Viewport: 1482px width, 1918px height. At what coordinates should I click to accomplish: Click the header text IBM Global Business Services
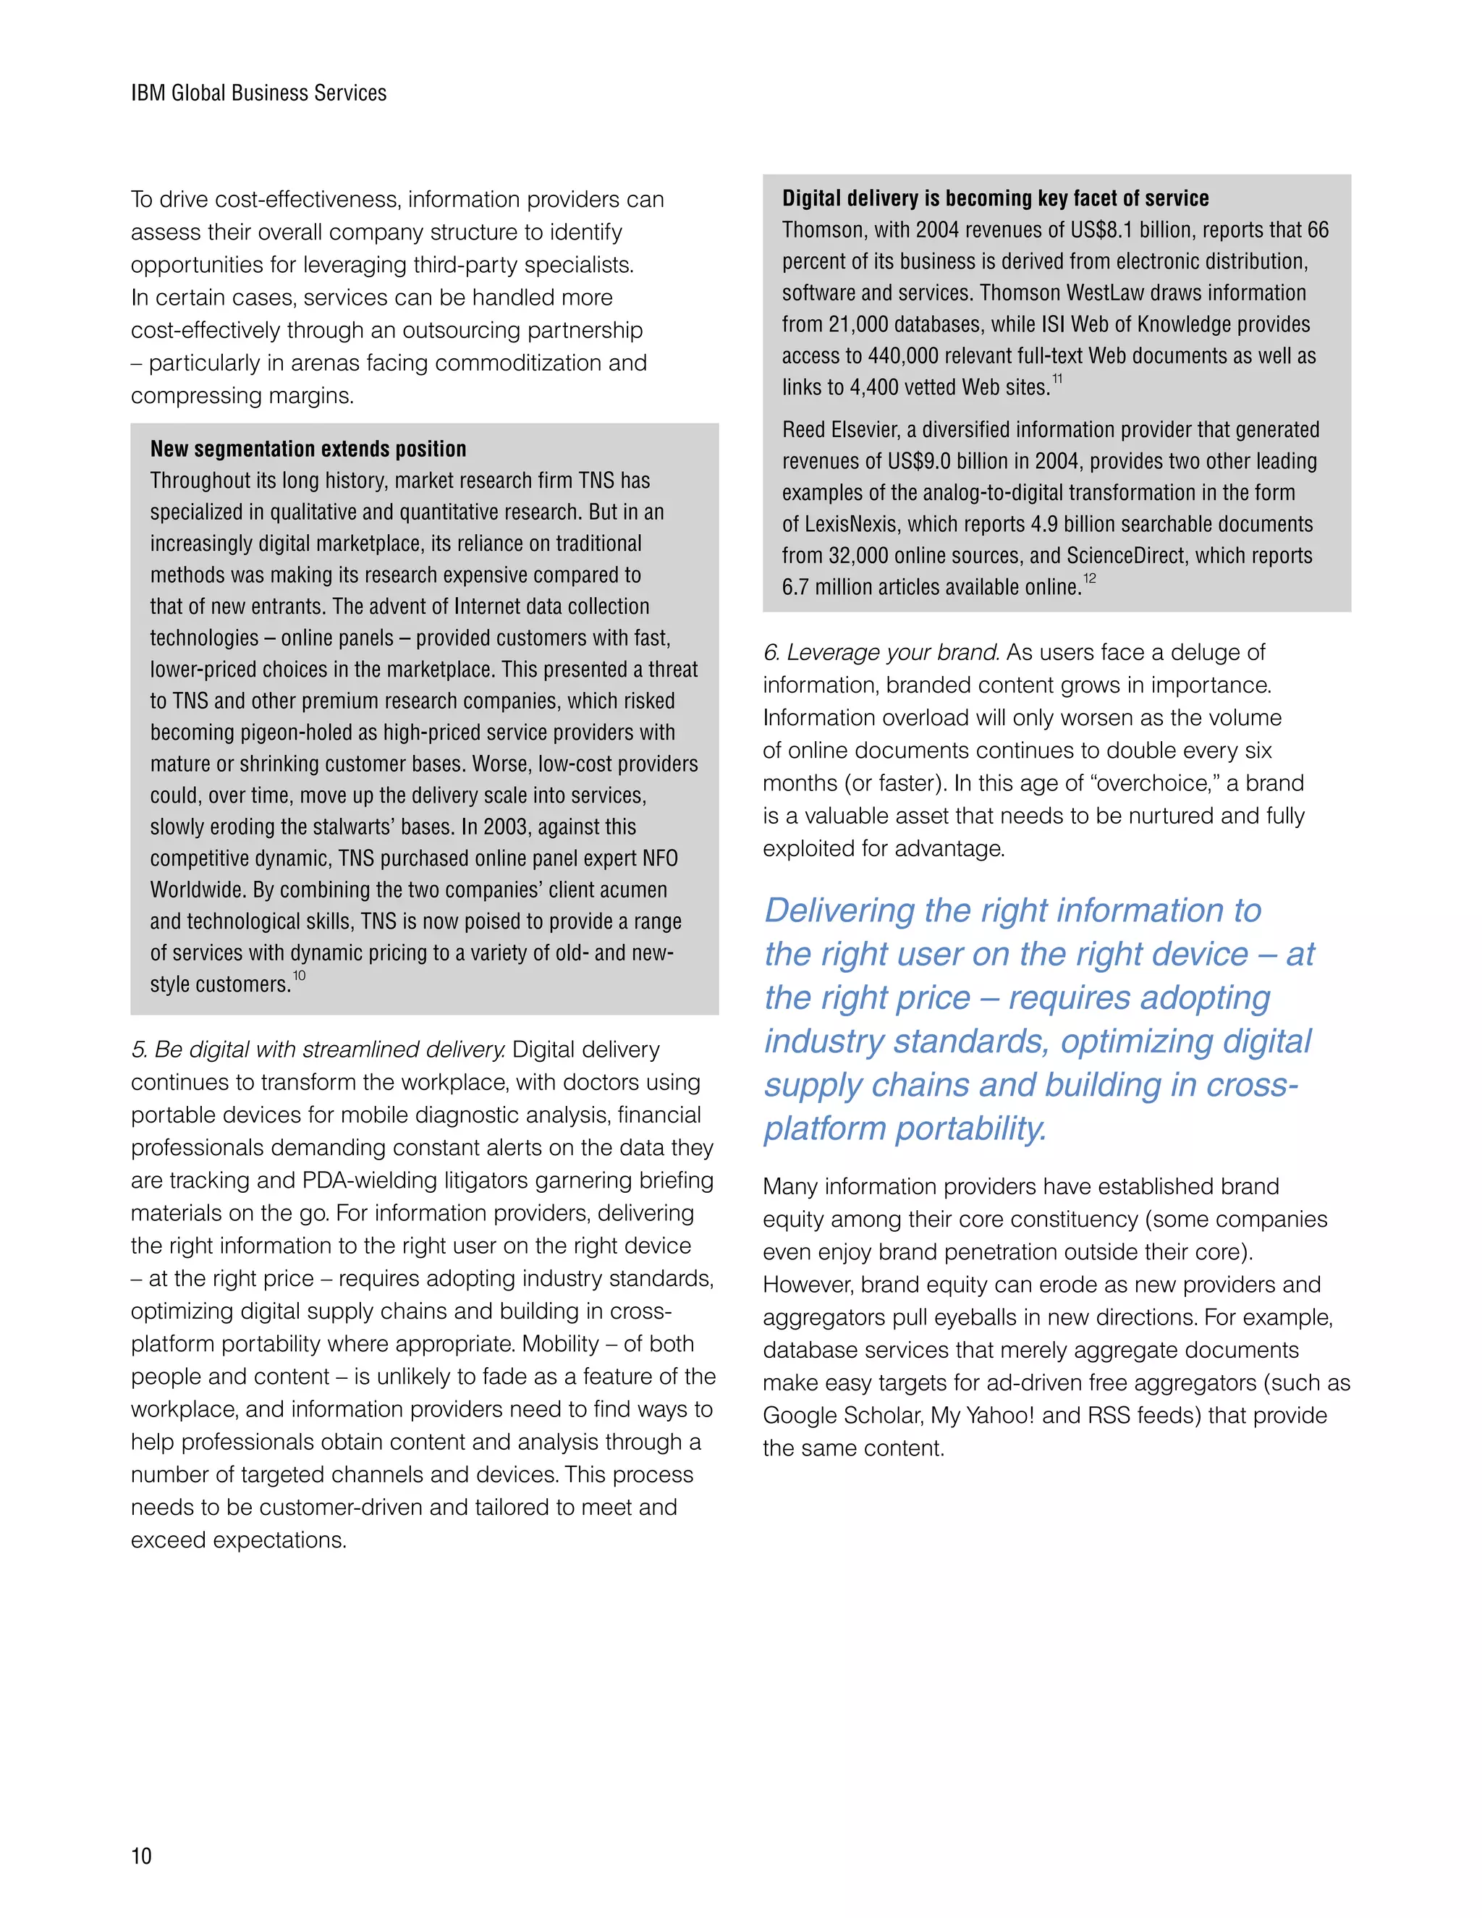coord(258,93)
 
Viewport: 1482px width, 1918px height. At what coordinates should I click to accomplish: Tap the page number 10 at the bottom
coord(141,1856)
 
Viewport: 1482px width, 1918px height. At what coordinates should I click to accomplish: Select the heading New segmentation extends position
coord(308,449)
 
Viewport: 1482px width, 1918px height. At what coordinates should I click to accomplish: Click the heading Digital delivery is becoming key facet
coord(995,198)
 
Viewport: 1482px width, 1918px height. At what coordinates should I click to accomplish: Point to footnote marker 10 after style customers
coord(300,976)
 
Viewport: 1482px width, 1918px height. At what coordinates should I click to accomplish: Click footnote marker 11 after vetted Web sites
coord(1057,379)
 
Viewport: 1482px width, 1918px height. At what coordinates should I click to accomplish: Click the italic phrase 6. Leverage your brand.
coord(881,653)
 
